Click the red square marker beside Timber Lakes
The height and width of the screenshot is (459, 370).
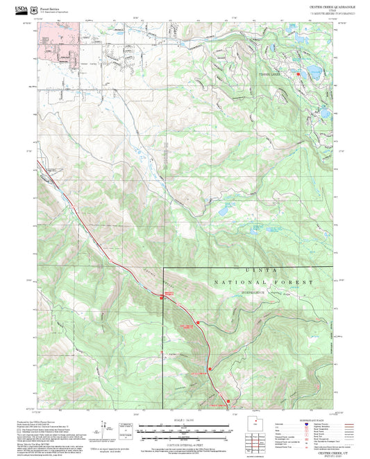click(x=299, y=73)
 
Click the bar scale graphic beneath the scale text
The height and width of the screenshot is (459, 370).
click(x=185, y=429)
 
